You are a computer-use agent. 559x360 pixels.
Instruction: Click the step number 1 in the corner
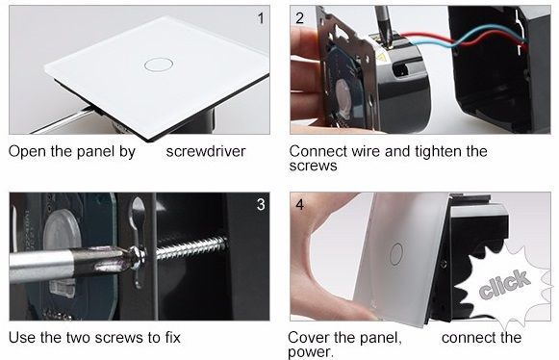(x=259, y=17)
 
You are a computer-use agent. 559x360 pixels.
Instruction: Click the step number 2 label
(x=299, y=17)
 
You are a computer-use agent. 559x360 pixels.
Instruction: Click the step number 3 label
(x=260, y=204)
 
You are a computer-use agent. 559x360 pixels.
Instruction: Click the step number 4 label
(x=300, y=204)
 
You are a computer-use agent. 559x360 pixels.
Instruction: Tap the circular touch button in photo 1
(x=154, y=64)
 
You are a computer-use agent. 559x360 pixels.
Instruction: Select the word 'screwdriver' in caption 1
(x=205, y=152)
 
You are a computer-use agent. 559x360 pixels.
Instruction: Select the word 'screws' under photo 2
(x=313, y=167)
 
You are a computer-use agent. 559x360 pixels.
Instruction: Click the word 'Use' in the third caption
(x=22, y=338)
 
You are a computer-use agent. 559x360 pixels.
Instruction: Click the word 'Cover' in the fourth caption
(x=310, y=338)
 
